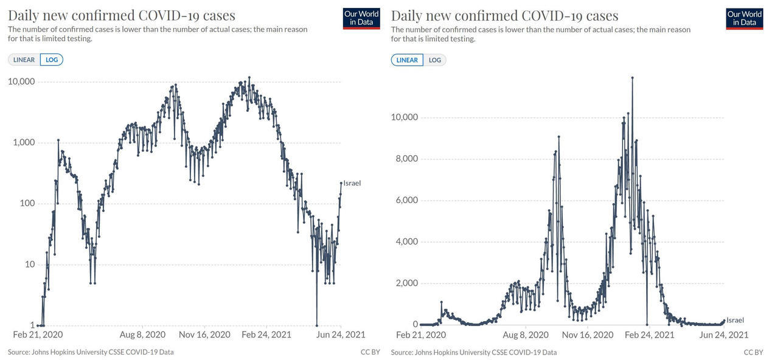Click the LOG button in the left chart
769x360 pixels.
tap(52, 60)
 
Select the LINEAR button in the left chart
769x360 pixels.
tap(24, 60)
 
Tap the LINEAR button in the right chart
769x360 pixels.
tap(408, 60)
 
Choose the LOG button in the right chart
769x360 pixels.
tap(435, 60)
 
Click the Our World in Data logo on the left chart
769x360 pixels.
tap(361, 18)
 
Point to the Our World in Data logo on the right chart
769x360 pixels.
tap(745, 18)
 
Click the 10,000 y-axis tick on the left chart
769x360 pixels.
tap(20, 81)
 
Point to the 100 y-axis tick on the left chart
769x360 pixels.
tap(27, 203)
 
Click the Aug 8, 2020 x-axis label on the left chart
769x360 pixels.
tap(142, 334)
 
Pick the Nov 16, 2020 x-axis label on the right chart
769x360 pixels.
tap(587, 334)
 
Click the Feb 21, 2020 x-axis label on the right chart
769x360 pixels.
tap(421, 334)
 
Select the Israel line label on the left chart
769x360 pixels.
tap(352, 183)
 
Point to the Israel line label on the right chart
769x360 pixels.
tap(735, 320)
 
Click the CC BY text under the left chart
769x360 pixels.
tap(370, 352)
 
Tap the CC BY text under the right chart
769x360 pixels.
tap(753, 352)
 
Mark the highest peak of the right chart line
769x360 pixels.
tap(632, 77)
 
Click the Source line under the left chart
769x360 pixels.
tap(91, 352)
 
